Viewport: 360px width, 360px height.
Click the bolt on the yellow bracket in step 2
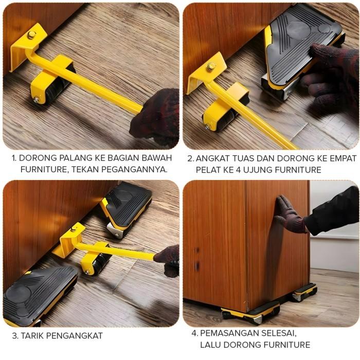pos(211,66)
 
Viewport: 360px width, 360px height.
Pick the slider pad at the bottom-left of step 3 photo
pos(39,296)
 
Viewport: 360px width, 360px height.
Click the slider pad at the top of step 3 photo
pos(126,206)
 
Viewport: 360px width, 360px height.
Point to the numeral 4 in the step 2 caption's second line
pos(240,169)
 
